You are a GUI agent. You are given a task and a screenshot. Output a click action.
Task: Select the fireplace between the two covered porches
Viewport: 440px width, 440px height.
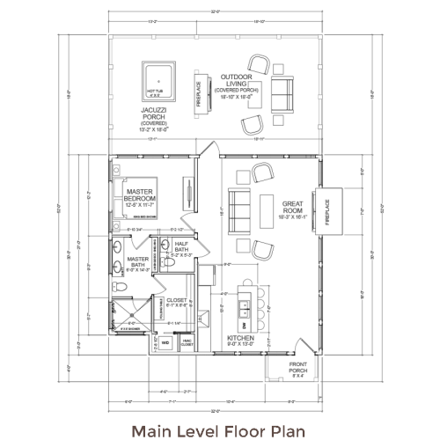pos(199,92)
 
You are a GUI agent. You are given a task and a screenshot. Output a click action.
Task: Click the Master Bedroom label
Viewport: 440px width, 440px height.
pos(140,194)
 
